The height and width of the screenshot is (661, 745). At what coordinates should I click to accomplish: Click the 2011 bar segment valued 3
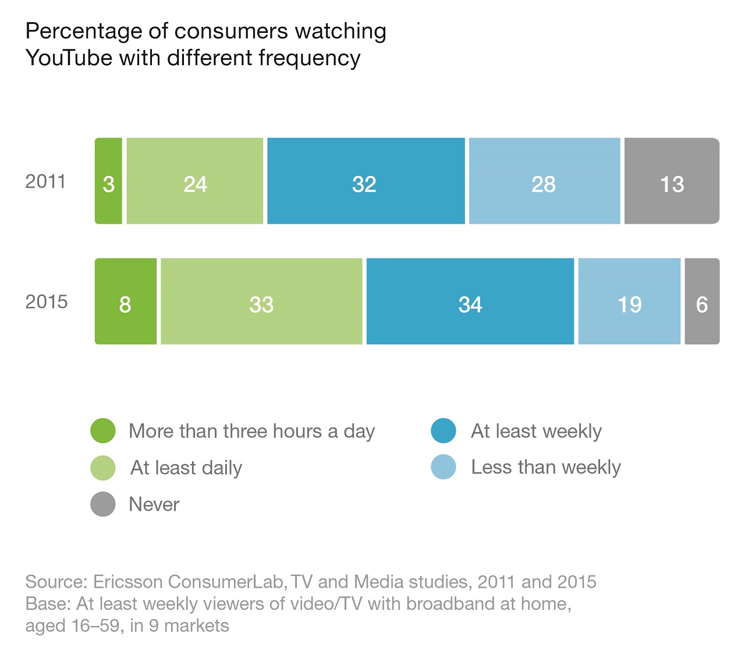[x=108, y=181]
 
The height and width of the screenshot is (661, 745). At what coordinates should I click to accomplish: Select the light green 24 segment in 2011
[x=195, y=181]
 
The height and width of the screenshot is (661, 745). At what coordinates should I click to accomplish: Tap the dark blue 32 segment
[x=366, y=181]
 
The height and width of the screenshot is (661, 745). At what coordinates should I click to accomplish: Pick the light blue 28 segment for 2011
[x=545, y=181]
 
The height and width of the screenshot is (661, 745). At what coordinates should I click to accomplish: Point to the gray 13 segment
[x=672, y=181]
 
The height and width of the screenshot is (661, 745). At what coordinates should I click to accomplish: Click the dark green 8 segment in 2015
[x=126, y=301]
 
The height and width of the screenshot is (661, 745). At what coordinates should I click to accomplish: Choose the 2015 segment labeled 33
[x=261, y=301]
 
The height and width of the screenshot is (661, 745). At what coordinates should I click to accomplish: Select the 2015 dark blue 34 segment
[x=470, y=301]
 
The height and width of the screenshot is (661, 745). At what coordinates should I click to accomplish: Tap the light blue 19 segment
[x=630, y=301]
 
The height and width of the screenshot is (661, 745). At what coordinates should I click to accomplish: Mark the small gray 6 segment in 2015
[x=702, y=301]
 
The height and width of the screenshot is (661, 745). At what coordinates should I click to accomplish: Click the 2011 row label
[x=45, y=182]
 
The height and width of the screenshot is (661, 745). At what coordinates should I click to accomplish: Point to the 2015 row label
[x=47, y=302]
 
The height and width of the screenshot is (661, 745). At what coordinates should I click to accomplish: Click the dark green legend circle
[x=103, y=430]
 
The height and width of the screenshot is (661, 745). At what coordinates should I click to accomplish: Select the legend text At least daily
[x=186, y=468]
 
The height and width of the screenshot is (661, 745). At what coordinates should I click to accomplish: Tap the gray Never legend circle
[x=103, y=504]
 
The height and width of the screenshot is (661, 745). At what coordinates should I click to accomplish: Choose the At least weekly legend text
[x=536, y=432]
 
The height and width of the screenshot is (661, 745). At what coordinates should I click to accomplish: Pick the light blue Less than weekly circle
[x=444, y=467]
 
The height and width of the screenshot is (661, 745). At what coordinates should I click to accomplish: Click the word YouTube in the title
[x=69, y=58]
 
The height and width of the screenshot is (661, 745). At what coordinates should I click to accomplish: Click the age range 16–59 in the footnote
[x=95, y=625]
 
